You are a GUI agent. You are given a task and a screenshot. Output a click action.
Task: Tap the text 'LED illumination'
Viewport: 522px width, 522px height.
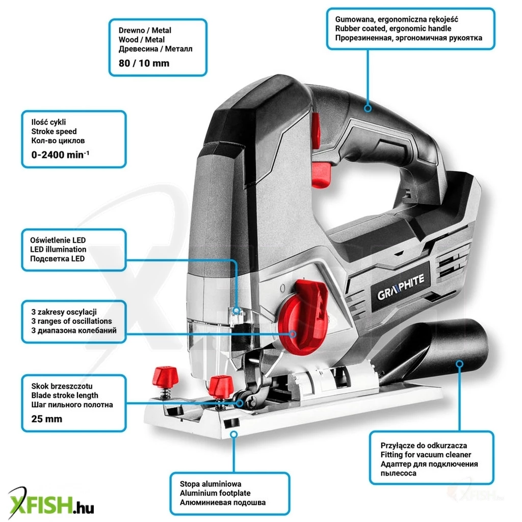(59, 249)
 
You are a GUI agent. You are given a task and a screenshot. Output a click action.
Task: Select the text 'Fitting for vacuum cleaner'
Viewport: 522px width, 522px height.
(426, 455)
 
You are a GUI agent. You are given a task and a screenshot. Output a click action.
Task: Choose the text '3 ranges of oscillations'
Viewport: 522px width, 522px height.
(71, 321)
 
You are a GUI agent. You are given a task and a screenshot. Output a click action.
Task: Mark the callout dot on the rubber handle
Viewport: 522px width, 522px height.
(368, 108)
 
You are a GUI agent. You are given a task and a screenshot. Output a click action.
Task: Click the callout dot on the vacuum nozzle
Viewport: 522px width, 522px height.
(459, 364)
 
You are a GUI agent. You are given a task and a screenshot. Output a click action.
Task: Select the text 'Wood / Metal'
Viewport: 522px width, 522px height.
(141, 40)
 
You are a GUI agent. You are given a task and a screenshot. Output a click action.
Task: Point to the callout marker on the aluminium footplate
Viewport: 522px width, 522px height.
(234, 434)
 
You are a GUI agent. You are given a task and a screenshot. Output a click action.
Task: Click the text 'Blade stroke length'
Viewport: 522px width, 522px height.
(65, 395)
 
